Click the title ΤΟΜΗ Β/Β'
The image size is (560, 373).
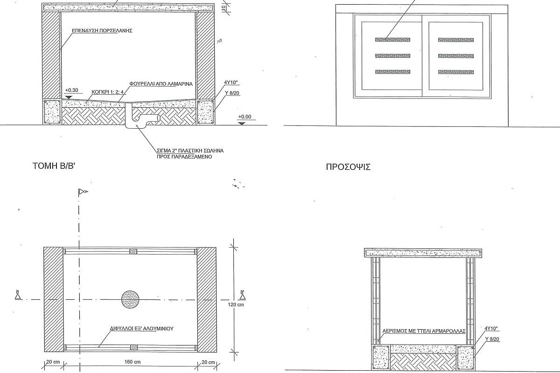pyautogui.click(x=54, y=166)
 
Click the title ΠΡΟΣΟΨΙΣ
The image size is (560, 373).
pyautogui.click(x=348, y=167)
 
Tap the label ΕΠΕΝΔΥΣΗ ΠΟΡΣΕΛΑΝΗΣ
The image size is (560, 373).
pyautogui.click(x=102, y=31)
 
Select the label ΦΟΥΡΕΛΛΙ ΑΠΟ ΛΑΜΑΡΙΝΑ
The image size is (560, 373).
pyautogui.click(x=161, y=84)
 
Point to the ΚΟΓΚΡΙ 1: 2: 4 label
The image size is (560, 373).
pyautogui.click(x=107, y=92)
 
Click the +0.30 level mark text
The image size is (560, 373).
pyautogui.click(x=71, y=90)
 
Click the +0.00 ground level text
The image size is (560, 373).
pyautogui.click(x=245, y=117)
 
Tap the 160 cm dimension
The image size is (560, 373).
pyautogui.click(x=133, y=362)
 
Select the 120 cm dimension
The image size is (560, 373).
pyautogui.click(x=236, y=304)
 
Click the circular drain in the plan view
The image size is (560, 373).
pyautogui.click(x=130, y=299)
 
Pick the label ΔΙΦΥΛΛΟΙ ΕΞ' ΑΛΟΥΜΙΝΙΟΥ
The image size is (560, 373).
pyautogui.click(x=142, y=329)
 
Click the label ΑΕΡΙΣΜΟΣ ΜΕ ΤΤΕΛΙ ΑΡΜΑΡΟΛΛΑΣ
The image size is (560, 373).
pyautogui.click(x=424, y=331)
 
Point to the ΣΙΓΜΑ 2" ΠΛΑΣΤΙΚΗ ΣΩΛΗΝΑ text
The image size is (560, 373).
pyautogui.click(x=190, y=151)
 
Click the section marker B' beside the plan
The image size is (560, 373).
pyautogui.click(x=242, y=295)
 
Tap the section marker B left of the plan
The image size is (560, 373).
pyautogui.click(x=18, y=295)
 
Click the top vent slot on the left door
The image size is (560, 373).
pyautogui.click(x=392, y=40)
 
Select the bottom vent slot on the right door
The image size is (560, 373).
pyautogui.click(x=456, y=72)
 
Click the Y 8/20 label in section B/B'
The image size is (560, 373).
pyautogui.click(x=232, y=93)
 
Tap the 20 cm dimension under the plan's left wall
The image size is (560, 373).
pyautogui.click(x=53, y=362)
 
